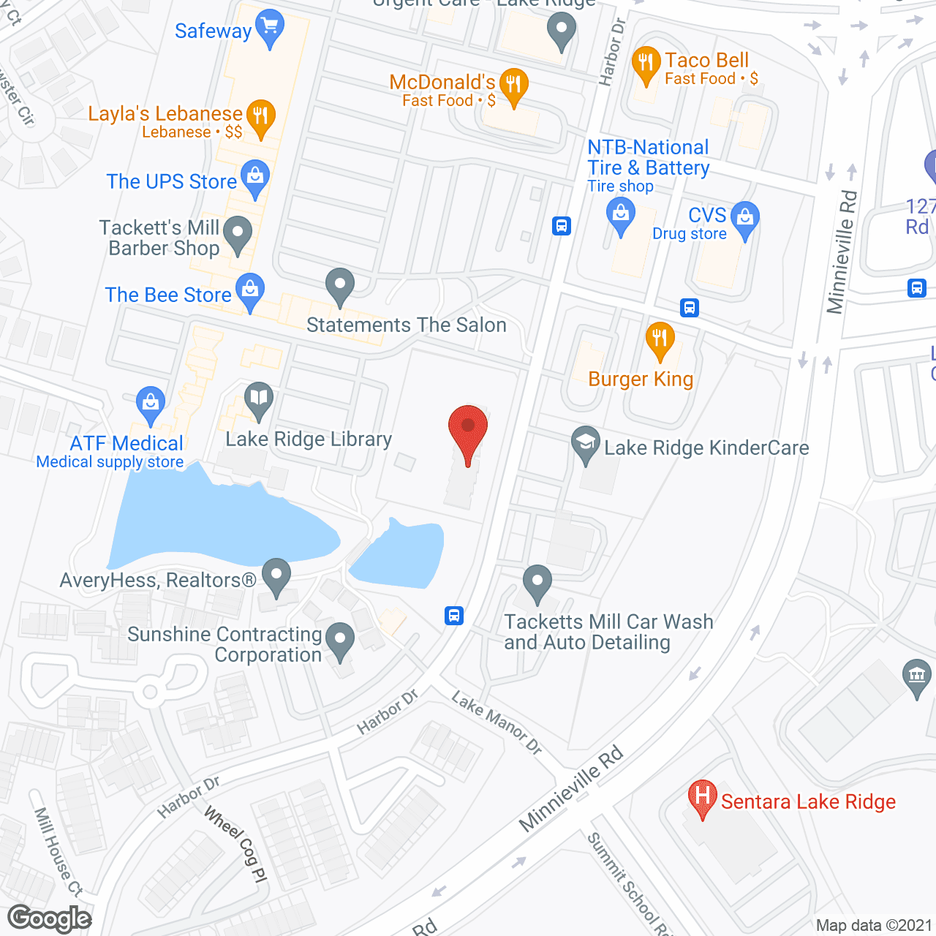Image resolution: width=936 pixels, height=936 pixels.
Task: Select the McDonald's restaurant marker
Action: (x=513, y=86)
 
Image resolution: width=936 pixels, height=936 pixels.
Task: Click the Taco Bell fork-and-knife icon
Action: (x=646, y=64)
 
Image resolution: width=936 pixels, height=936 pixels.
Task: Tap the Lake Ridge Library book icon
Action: (x=258, y=399)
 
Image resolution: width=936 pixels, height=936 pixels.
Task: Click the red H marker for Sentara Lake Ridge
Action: (x=702, y=796)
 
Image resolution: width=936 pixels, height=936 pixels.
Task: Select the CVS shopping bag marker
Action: (x=745, y=219)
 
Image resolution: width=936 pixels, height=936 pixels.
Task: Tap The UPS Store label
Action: (x=172, y=181)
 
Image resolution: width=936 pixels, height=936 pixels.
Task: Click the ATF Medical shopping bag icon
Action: (x=151, y=403)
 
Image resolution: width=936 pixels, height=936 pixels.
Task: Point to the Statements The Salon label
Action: (x=407, y=325)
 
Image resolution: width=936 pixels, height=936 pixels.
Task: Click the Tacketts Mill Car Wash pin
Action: (x=537, y=583)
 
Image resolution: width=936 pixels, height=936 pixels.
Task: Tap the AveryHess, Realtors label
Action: (x=158, y=580)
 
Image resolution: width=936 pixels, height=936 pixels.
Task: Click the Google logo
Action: (x=50, y=918)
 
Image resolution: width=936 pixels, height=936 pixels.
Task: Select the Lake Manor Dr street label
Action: (x=497, y=722)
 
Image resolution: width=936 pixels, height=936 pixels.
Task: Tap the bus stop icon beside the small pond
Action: (x=454, y=616)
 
